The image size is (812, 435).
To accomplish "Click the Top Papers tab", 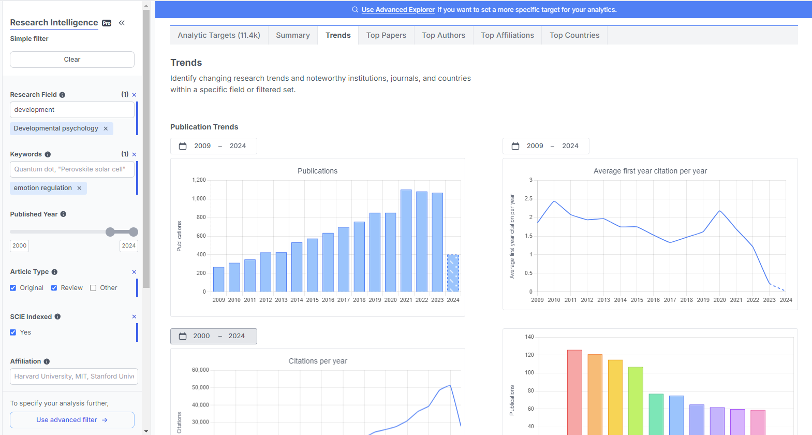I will click(x=386, y=35).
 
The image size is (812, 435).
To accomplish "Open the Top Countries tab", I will click(x=574, y=35).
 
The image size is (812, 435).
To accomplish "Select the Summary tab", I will click(x=292, y=35).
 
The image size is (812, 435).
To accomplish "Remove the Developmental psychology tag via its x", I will click(x=106, y=128).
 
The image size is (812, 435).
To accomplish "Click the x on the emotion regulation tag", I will click(x=79, y=188).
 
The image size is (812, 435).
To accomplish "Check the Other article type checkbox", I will click(x=93, y=288).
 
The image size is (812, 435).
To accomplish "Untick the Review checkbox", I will click(x=54, y=288).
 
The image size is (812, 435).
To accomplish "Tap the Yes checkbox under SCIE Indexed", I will click(x=13, y=332).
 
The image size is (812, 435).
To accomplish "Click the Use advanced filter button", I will click(x=72, y=420).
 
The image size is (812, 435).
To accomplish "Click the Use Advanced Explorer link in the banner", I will click(x=397, y=10).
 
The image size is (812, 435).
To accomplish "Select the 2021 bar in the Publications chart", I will click(x=406, y=240).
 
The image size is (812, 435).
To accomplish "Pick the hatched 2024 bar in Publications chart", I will click(x=453, y=273).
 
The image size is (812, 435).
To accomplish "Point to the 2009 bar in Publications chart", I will click(x=219, y=279).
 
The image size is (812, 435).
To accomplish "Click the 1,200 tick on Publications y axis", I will click(x=199, y=180).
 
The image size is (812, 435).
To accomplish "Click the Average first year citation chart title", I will click(x=650, y=171).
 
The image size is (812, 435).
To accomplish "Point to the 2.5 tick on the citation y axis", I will click(x=528, y=199).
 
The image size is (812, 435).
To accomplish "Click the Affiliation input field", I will click(x=74, y=376).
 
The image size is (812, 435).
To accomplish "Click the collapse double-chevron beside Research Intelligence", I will click(x=122, y=23).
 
